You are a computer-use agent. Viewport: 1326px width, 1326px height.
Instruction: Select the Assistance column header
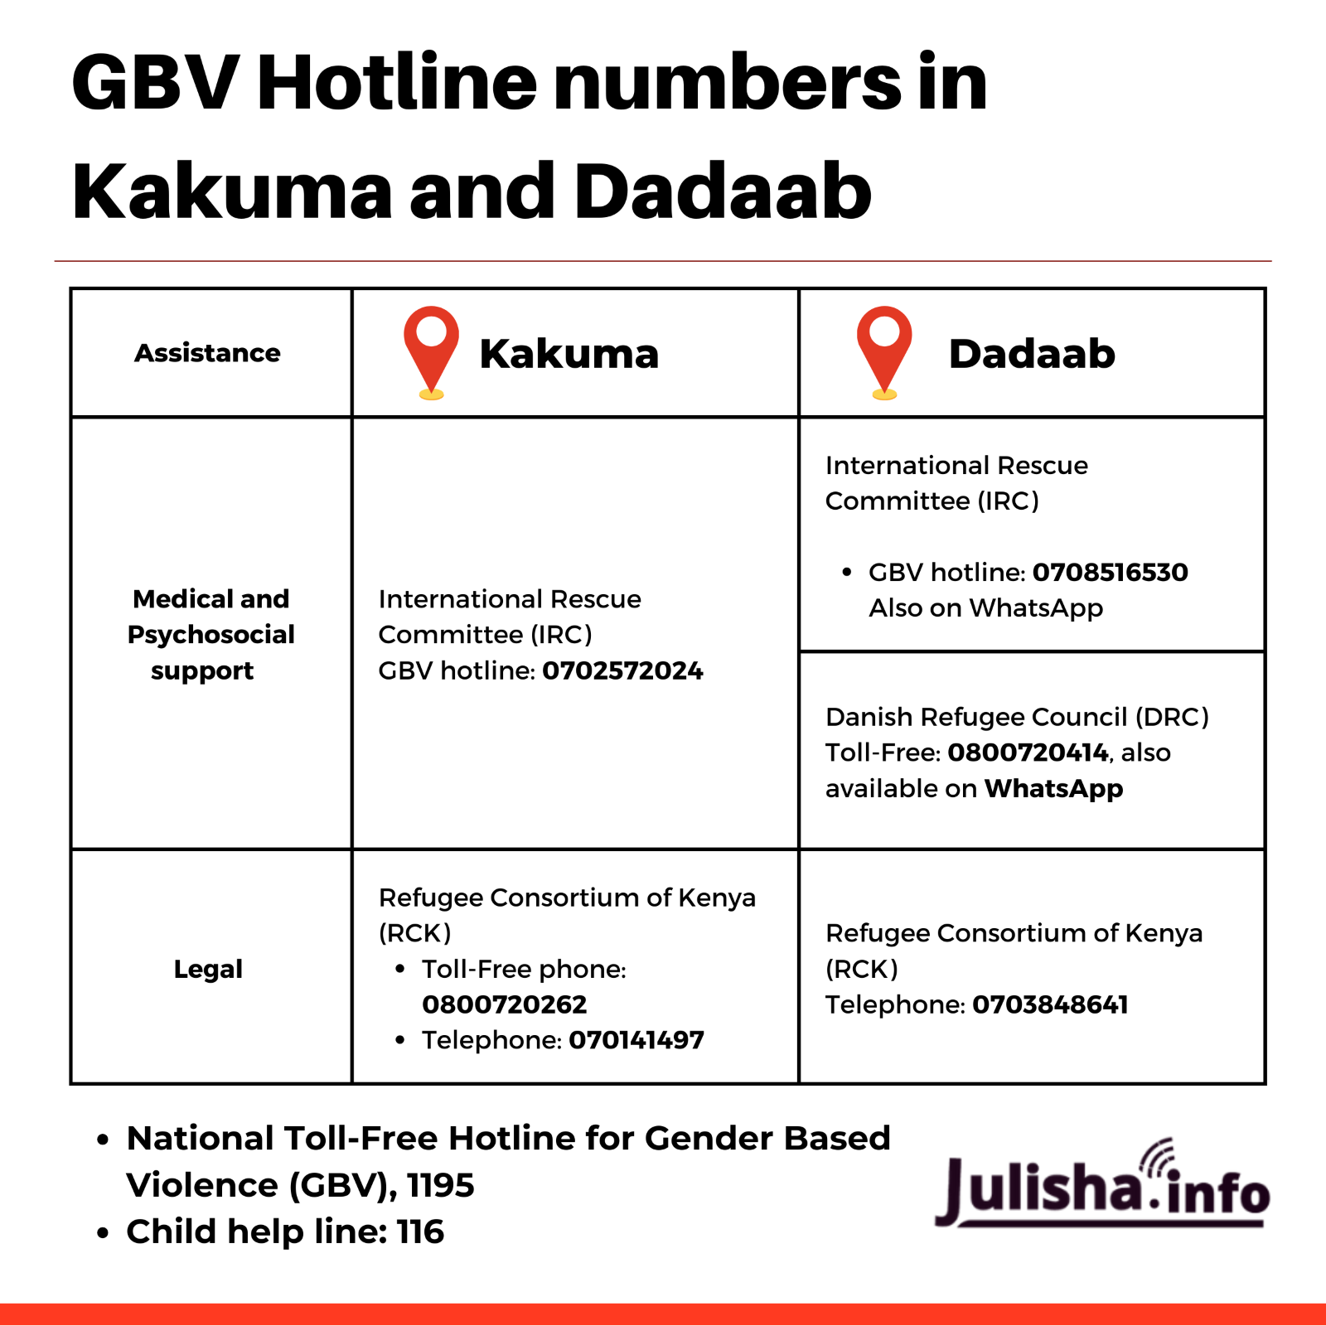click(207, 353)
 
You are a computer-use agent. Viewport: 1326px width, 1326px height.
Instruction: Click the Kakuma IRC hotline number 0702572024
click(622, 670)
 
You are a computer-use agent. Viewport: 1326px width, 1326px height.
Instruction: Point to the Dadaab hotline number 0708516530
click(1110, 572)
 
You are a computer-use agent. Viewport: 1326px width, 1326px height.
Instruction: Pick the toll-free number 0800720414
click(1028, 753)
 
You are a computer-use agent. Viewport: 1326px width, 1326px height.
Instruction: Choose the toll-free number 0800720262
click(504, 1004)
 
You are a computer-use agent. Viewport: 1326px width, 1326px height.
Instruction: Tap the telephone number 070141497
click(636, 1040)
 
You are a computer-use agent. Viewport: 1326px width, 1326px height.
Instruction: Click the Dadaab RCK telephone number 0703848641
click(1050, 1004)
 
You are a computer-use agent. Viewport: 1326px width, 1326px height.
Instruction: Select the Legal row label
click(208, 969)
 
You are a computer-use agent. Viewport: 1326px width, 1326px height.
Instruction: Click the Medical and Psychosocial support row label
click(211, 634)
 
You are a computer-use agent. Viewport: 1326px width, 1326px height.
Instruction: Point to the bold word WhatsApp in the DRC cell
click(1053, 788)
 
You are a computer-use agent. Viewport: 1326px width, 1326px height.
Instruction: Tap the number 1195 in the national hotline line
click(440, 1185)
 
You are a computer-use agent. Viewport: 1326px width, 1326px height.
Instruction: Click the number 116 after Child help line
click(420, 1232)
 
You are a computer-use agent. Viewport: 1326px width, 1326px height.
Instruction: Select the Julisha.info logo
click(1101, 1185)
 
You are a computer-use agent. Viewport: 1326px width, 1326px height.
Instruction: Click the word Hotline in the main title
click(397, 82)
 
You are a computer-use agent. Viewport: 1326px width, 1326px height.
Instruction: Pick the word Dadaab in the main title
click(722, 191)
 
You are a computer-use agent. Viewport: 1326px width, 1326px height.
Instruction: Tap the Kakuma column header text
click(569, 354)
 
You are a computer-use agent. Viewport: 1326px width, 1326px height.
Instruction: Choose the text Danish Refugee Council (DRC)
click(1017, 717)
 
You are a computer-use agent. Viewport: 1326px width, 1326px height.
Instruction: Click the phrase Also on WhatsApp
click(985, 607)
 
